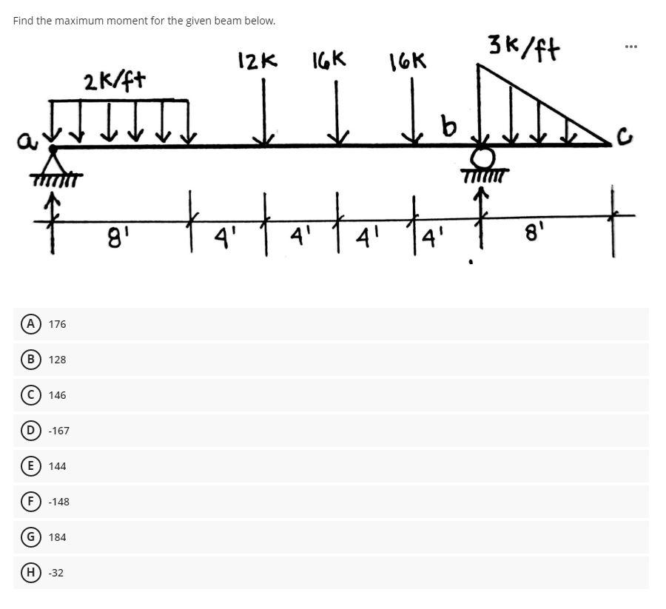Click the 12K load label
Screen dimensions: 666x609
257,61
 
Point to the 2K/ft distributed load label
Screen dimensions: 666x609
114,80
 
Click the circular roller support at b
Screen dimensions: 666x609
485,158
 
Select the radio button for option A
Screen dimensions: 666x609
31,323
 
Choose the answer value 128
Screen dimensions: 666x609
57,360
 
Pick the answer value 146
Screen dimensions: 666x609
57,395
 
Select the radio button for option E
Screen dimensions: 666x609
31,465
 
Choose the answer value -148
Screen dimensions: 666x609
58,502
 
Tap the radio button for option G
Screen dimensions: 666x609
31,536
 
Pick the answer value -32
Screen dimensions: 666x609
55,573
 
